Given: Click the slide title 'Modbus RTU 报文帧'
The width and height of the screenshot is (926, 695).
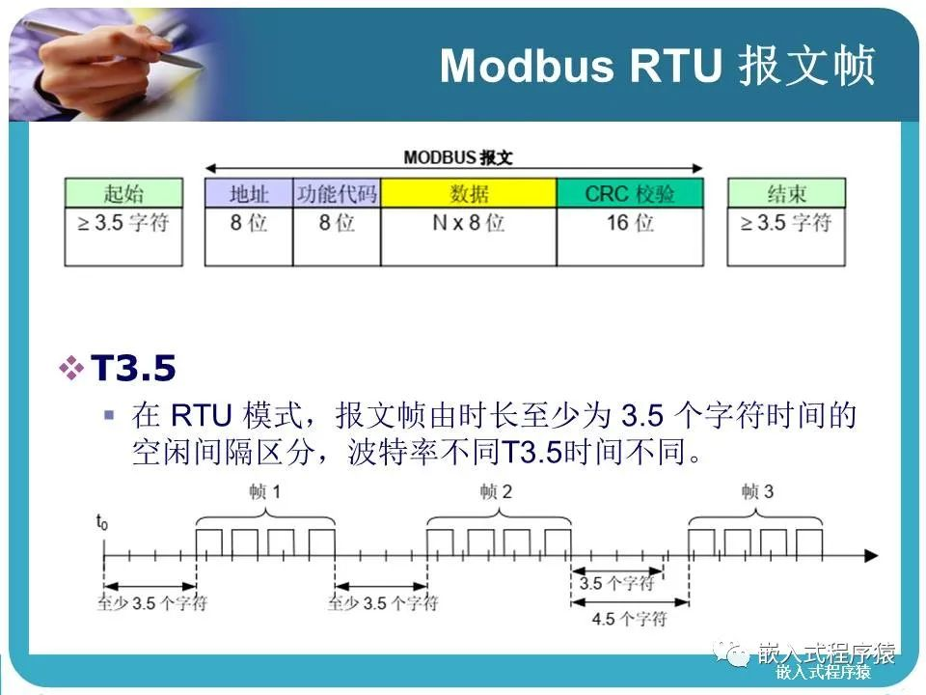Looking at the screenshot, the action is tap(657, 67).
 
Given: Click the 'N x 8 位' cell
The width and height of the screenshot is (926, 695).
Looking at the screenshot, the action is tap(469, 223).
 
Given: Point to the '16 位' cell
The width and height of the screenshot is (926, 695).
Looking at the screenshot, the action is tap(629, 223).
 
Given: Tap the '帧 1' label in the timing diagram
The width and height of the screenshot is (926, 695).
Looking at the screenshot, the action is tap(265, 492).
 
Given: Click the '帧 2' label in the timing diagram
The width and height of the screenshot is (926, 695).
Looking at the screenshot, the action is tap(497, 492).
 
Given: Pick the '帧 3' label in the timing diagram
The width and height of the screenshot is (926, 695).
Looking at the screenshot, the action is tap(757, 492).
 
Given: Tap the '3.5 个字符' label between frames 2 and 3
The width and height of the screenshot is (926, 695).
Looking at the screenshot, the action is tap(616, 583).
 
